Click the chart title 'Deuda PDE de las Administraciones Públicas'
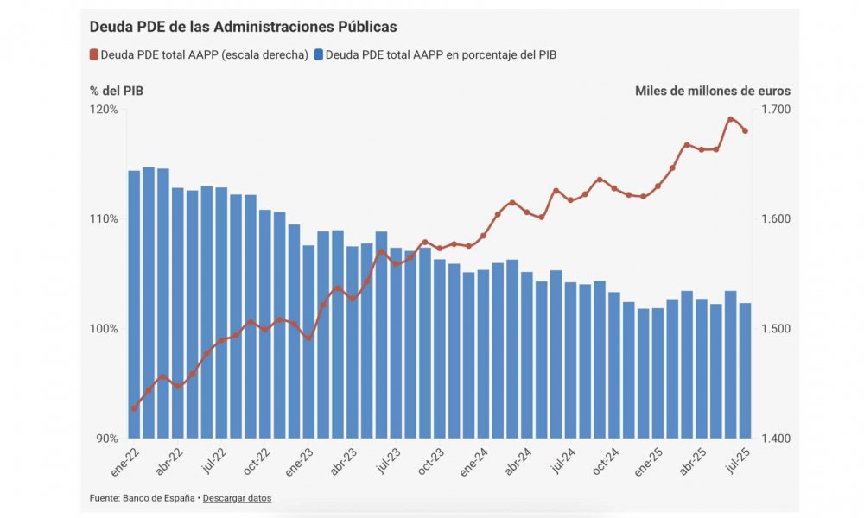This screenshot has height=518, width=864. point(243,28)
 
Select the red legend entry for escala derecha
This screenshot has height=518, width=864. point(199,55)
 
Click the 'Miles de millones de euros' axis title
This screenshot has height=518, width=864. point(712,91)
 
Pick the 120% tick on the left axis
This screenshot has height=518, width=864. point(105,110)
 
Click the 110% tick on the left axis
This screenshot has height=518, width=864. point(105,219)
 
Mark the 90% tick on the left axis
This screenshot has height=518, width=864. point(107,439)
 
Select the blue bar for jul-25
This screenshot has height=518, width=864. point(745,370)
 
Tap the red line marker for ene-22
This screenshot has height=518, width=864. point(134,408)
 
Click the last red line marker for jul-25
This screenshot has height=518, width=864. point(745,131)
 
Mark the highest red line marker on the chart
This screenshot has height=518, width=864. point(730,119)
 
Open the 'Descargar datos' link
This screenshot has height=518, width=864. point(237,498)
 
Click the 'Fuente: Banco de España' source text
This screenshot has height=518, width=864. point(142,498)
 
